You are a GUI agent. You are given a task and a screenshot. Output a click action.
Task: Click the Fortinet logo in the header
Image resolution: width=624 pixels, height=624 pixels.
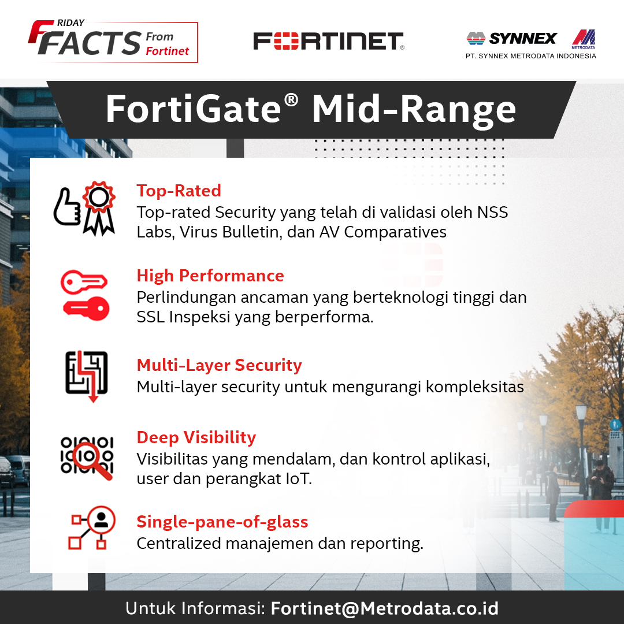pyautogui.click(x=329, y=41)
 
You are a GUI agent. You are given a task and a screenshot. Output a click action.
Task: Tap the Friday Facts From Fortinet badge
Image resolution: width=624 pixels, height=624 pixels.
pyautogui.click(x=113, y=41)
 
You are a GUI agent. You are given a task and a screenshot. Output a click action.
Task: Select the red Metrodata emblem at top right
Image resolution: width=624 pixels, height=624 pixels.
pyautogui.click(x=584, y=39)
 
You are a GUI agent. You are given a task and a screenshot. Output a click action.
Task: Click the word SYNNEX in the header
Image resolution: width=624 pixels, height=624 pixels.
pyautogui.click(x=522, y=39)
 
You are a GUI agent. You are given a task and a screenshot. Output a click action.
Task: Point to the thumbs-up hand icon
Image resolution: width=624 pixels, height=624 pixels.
pyautogui.click(x=67, y=207)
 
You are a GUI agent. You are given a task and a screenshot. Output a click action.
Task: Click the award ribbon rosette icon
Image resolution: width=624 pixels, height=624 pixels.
pyautogui.click(x=99, y=208)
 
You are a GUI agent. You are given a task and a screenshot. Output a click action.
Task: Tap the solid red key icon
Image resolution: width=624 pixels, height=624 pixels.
pyautogui.click(x=86, y=309)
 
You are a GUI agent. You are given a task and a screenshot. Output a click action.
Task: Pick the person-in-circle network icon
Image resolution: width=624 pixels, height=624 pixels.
pyautogui.click(x=92, y=528)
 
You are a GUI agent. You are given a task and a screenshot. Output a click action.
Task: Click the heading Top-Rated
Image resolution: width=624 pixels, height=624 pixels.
pyautogui.click(x=179, y=191)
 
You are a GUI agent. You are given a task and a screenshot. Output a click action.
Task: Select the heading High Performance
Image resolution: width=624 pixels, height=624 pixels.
pyautogui.click(x=210, y=276)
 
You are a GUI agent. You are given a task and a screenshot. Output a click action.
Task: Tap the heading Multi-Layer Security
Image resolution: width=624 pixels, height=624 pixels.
pyautogui.click(x=220, y=365)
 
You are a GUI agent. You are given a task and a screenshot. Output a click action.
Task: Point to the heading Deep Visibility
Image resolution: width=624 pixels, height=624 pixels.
pyautogui.click(x=196, y=437)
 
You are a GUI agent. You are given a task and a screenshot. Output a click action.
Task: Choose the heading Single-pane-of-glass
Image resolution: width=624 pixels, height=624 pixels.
pyautogui.click(x=222, y=522)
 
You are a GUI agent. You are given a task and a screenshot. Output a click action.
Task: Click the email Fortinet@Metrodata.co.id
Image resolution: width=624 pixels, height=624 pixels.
pyautogui.click(x=384, y=608)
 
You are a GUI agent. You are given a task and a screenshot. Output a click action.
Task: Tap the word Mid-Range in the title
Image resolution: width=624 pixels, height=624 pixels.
pyautogui.click(x=414, y=110)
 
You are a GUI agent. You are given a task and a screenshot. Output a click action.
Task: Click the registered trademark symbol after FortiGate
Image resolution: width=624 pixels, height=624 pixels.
pyautogui.click(x=291, y=101)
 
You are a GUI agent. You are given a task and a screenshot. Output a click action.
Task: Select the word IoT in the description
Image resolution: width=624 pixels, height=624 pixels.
pyautogui.click(x=299, y=479)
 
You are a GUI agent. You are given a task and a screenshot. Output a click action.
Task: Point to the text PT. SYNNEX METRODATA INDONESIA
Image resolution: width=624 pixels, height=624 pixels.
pyautogui.click(x=531, y=56)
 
